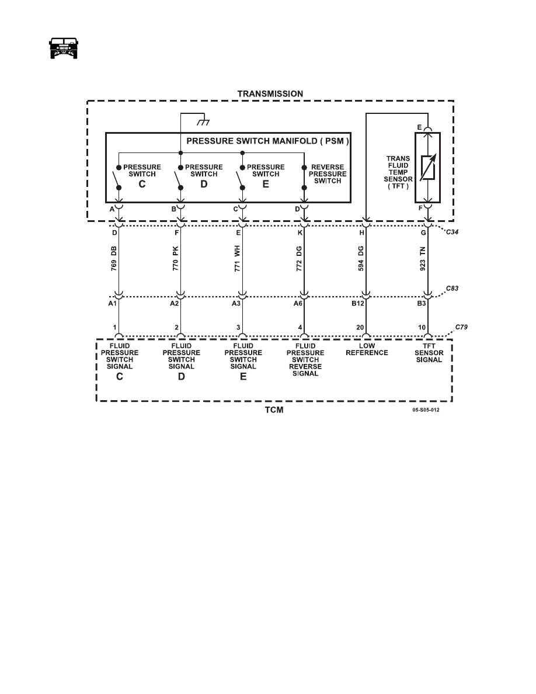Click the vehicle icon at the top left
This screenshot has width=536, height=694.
pyautogui.click(x=63, y=48)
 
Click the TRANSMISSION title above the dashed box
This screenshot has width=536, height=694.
pyautogui.click(x=270, y=94)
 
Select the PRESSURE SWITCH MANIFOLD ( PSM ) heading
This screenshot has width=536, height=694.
pyautogui.click(x=267, y=141)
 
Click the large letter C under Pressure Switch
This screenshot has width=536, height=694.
pyautogui.click(x=142, y=184)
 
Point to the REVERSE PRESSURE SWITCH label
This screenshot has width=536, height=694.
pyautogui.click(x=328, y=174)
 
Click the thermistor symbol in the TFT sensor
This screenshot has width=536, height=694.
pyautogui.click(x=427, y=167)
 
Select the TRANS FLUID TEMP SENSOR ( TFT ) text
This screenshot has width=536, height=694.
pyautogui.click(x=398, y=172)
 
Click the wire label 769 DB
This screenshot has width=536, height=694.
pyautogui.click(x=114, y=258)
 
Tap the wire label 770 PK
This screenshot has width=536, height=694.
pyautogui.click(x=176, y=258)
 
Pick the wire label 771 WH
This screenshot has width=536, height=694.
pyautogui.click(x=238, y=258)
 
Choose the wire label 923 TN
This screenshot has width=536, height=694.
pyautogui.click(x=423, y=259)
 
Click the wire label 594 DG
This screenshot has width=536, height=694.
pyautogui.click(x=361, y=258)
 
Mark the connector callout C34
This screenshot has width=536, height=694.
pyautogui.click(x=452, y=232)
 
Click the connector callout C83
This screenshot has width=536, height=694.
pyautogui.click(x=452, y=288)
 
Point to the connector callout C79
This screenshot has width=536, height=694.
pyautogui.click(x=461, y=327)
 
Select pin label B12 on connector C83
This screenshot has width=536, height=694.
pyautogui.click(x=358, y=304)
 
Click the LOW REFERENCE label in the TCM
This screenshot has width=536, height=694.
pyautogui.click(x=367, y=349)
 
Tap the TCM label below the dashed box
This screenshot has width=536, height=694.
pyautogui.click(x=274, y=410)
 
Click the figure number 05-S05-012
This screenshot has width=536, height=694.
pyautogui.click(x=426, y=410)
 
